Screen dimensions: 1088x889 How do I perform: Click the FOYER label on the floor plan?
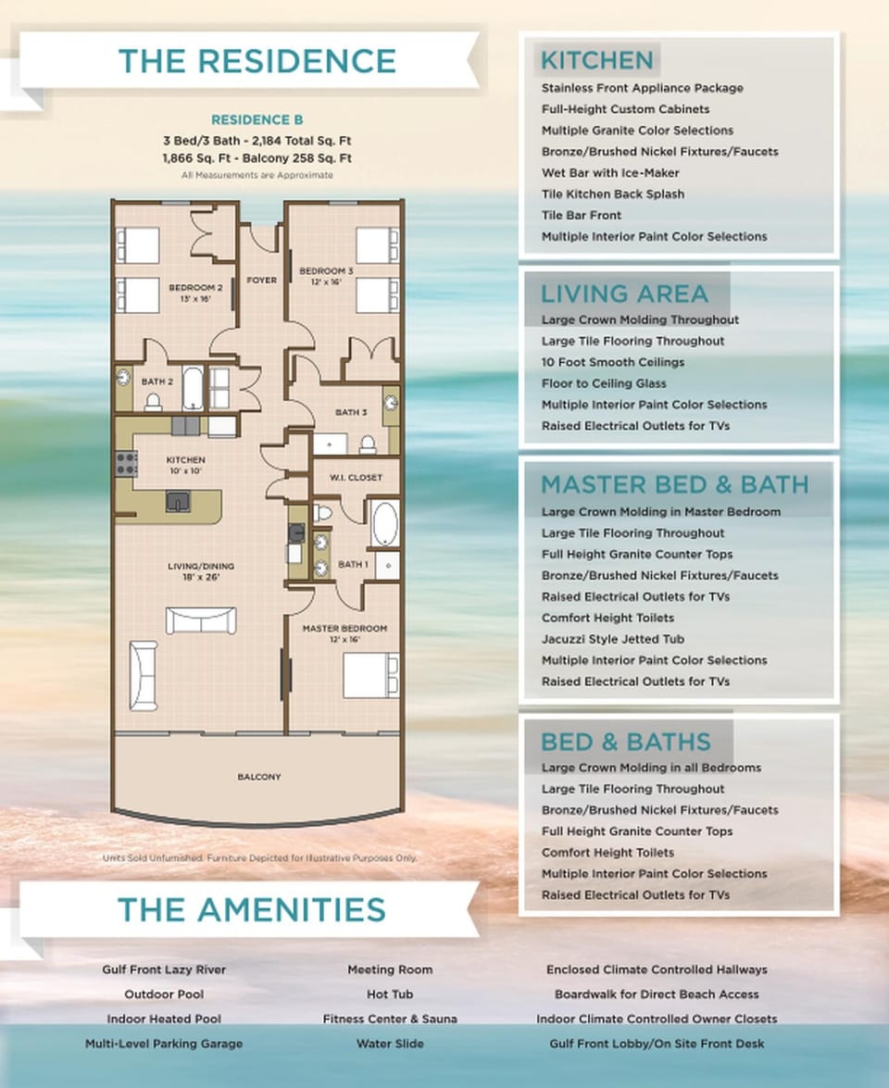[x=261, y=280]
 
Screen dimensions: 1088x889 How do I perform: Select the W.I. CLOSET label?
[x=344, y=478]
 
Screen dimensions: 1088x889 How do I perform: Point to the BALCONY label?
[x=258, y=777]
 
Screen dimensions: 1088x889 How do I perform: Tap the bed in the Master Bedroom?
[x=370, y=675]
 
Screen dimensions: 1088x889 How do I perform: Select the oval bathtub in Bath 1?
[x=384, y=524]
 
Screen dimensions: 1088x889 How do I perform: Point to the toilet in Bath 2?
[x=155, y=401]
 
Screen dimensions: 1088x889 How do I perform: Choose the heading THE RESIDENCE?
[x=257, y=60]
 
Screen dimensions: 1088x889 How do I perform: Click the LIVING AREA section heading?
[x=623, y=294]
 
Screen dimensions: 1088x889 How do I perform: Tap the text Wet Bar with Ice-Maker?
[x=610, y=173]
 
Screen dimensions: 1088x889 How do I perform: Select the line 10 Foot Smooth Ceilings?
[x=613, y=362]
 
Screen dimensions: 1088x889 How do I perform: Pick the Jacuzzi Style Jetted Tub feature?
[x=626, y=639]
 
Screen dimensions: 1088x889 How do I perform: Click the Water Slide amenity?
[x=389, y=1044]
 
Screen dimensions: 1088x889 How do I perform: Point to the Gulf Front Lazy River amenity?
[x=164, y=969]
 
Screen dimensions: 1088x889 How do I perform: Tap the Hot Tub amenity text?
[x=389, y=994]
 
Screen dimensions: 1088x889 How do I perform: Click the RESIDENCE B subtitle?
[x=257, y=120]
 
